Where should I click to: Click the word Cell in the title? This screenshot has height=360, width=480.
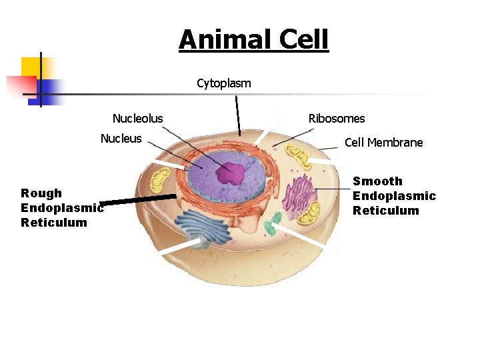pyautogui.click(x=303, y=39)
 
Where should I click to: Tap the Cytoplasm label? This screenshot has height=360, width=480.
pyautogui.click(x=224, y=83)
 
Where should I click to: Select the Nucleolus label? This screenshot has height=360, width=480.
pyautogui.click(x=137, y=119)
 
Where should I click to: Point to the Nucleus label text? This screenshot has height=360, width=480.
pyautogui.click(x=121, y=139)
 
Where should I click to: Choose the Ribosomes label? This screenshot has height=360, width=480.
pyautogui.click(x=337, y=119)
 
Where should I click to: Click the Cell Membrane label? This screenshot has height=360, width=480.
pyautogui.click(x=383, y=143)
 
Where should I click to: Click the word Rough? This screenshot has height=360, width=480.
pyautogui.click(x=41, y=193)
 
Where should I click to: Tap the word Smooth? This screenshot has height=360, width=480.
pyautogui.click(x=377, y=181)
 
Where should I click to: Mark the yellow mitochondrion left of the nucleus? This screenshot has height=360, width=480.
pyautogui.click(x=160, y=181)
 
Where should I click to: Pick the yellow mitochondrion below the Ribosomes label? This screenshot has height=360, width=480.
pyautogui.click(x=303, y=159)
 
